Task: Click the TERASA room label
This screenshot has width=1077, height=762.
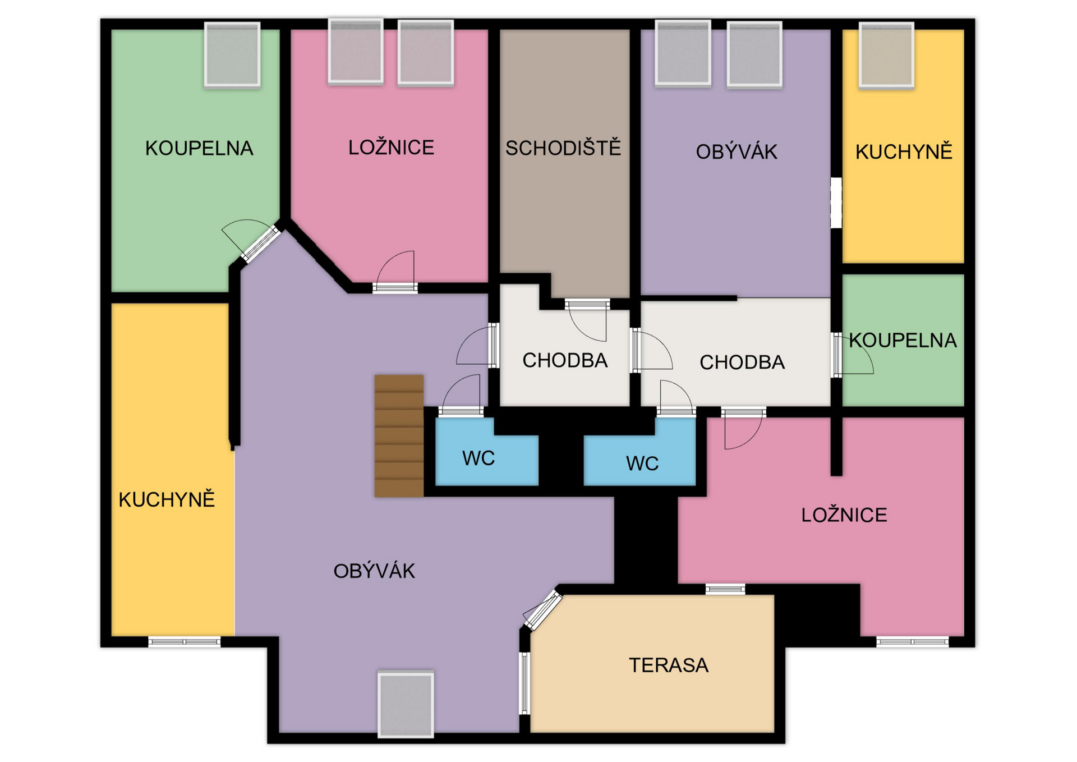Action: [668, 665]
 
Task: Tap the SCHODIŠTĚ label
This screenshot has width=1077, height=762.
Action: [563, 148]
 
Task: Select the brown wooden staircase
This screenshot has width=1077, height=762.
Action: [399, 436]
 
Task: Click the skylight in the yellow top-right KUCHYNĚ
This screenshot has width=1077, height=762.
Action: [886, 56]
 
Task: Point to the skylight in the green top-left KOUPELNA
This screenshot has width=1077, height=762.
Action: [232, 55]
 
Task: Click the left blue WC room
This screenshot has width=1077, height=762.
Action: [487, 452]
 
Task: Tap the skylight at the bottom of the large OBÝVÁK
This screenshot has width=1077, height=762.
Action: [406, 704]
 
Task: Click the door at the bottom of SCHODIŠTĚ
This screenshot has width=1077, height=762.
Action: [587, 320]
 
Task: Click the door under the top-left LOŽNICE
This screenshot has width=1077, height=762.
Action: [395, 272]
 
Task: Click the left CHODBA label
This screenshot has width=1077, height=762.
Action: [565, 360]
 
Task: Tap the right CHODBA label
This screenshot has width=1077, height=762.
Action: [742, 362]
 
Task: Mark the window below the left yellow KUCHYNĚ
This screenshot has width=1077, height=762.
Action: [185, 641]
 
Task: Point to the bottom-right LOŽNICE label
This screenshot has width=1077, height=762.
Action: [844, 515]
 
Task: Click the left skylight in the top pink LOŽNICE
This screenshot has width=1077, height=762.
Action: [356, 52]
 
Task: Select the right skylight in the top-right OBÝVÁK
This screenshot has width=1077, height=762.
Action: [754, 54]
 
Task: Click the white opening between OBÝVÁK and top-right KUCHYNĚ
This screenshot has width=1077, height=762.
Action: [836, 203]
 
